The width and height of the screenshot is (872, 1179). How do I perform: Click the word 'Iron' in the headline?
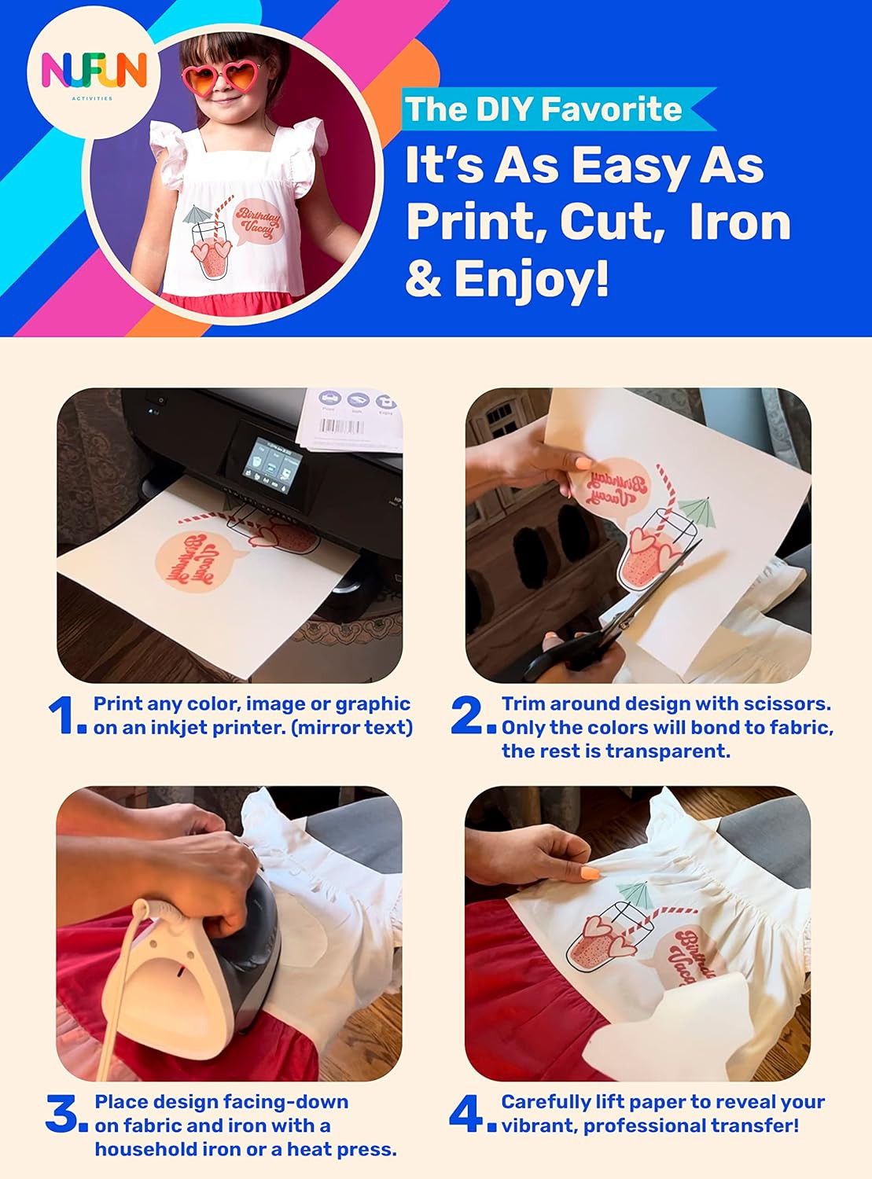pyautogui.click(x=739, y=222)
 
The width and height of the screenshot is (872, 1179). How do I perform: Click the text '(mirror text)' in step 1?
pyautogui.click(x=351, y=728)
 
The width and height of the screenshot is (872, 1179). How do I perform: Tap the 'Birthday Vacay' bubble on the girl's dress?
pyautogui.click(x=257, y=223)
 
